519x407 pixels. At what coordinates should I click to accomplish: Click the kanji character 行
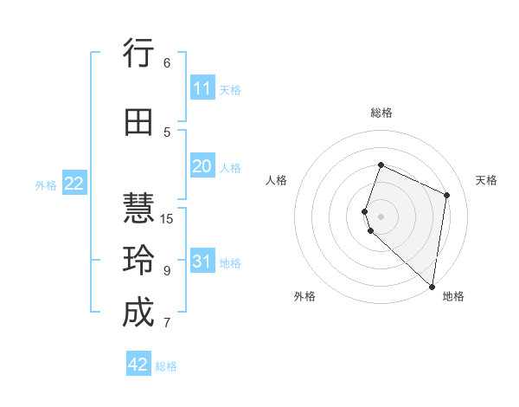click(x=138, y=55)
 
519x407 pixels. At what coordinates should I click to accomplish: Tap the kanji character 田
click(x=138, y=122)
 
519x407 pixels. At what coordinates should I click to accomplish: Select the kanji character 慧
click(x=138, y=209)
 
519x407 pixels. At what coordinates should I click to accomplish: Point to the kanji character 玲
click(x=138, y=261)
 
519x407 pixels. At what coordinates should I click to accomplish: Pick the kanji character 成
click(x=138, y=313)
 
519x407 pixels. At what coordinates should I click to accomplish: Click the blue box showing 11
click(x=202, y=88)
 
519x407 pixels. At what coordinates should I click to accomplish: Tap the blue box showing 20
click(x=202, y=166)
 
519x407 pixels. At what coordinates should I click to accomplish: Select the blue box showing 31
click(x=202, y=262)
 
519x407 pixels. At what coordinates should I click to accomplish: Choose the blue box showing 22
click(x=74, y=184)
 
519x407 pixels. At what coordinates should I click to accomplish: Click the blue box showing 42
click(x=138, y=365)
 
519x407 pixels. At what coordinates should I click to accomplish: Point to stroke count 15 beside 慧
click(x=167, y=218)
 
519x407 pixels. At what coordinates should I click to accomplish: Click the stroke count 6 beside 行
click(x=167, y=62)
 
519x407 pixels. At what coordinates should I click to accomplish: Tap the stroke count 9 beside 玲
click(x=167, y=270)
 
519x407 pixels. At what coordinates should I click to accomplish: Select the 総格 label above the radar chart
click(x=381, y=113)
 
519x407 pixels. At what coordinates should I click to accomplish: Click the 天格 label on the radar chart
click(x=487, y=180)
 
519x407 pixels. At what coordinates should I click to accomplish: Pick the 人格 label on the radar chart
click(x=276, y=180)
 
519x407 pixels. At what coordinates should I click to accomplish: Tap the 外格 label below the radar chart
click(x=304, y=296)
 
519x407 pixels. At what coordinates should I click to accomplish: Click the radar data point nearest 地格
click(x=432, y=287)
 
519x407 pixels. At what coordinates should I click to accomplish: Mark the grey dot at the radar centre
click(x=381, y=216)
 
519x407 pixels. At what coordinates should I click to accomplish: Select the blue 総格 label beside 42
click(x=166, y=366)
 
